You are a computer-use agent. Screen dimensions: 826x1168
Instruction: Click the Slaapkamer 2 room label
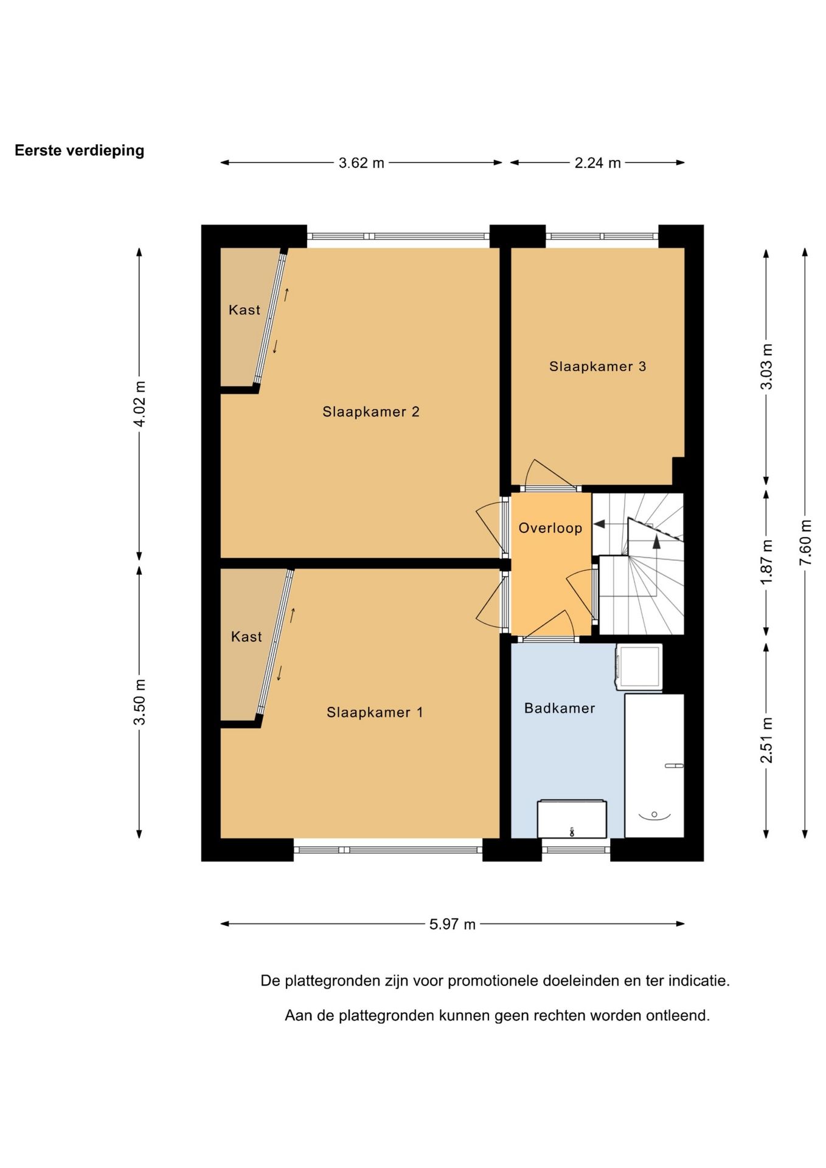[x=370, y=412]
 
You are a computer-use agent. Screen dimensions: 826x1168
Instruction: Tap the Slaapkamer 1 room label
[x=375, y=712]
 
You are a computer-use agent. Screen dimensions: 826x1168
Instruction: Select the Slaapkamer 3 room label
[x=597, y=366]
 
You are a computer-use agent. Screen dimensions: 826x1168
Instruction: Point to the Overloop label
[x=550, y=528]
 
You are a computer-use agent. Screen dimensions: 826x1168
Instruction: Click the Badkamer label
[x=560, y=708]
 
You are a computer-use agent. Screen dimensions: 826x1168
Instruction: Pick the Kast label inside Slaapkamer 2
[x=245, y=310]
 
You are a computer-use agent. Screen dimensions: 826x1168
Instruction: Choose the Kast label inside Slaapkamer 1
[x=246, y=636]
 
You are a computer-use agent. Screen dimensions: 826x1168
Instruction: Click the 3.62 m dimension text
[x=361, y=163]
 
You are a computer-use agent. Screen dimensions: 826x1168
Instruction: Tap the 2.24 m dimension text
[x=597, y=163]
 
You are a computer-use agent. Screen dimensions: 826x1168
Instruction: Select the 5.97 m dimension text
[x=452, y=924]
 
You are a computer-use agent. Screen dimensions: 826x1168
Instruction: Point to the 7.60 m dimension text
[x=805, y=542]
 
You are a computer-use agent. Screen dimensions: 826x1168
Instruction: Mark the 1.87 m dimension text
[x=766, y=562]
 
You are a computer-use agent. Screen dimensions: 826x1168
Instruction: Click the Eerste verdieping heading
[x=79, y=150]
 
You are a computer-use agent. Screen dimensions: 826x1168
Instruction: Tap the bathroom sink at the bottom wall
[x=572, y=819]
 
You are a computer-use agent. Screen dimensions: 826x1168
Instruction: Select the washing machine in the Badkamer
[x=639, y=667]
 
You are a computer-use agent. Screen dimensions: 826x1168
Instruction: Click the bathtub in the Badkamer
[x=654, y=766]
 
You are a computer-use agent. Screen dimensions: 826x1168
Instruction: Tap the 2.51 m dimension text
[x=766, y=740]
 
